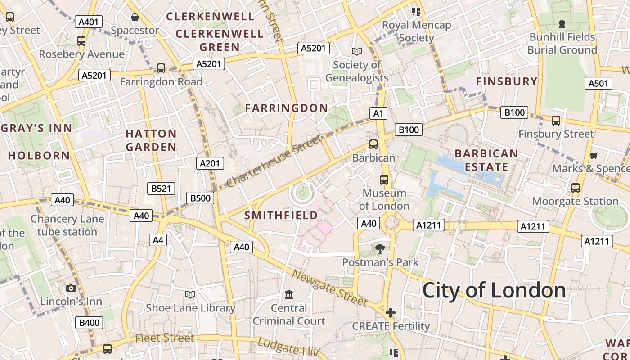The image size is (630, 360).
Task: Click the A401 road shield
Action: click(x=90, y=22)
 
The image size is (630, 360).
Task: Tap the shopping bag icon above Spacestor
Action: click(x=135, y=18)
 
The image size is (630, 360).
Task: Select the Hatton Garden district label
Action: click(x=151, y=140)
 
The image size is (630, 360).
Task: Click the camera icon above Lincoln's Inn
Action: click(x=71, y=288)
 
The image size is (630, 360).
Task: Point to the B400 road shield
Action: click(x=90, y=323)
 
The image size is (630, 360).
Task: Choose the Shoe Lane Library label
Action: click(x=190, y=308)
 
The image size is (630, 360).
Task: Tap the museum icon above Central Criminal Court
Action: click(x=289, y=295)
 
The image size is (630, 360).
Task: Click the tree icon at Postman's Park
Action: click(x=380, y=248)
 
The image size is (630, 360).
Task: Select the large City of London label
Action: click(x=494, y=290)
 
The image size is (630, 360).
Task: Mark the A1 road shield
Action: click(x=378, y=113)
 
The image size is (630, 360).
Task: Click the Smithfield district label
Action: click(x=281, y=216)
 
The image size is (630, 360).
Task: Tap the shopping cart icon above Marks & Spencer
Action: click(x=594, y=155)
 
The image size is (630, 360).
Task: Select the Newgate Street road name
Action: click(x=329, y=288)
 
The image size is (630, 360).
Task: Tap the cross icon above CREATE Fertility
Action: click(x=390, y=312)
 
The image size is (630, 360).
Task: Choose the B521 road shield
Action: click(x=161, y=189)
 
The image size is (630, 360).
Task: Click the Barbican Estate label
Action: click(x=486, y=160)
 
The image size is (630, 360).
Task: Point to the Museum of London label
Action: click(x=384, y=199)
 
